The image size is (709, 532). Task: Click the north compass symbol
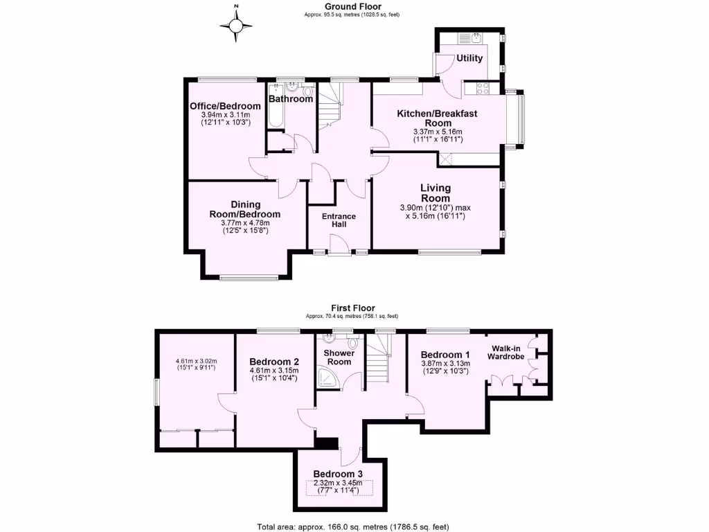[x=236, y=26]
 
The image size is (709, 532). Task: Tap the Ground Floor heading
[x=354, y=7]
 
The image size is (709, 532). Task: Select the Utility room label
[x=469, y=58]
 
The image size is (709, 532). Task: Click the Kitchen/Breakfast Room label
[x=437, y=118]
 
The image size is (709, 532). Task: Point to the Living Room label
[x=436, y=193]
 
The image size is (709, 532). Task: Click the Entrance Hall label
[x=339, y=220]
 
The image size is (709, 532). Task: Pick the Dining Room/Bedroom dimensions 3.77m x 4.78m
[x=245, y=222]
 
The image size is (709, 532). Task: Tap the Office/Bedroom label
[x=225, y=106]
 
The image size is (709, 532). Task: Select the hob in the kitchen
[x=483, y=89]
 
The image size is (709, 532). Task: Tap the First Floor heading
[x=354, y=308]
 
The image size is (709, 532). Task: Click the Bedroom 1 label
[x=445, y=355]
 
